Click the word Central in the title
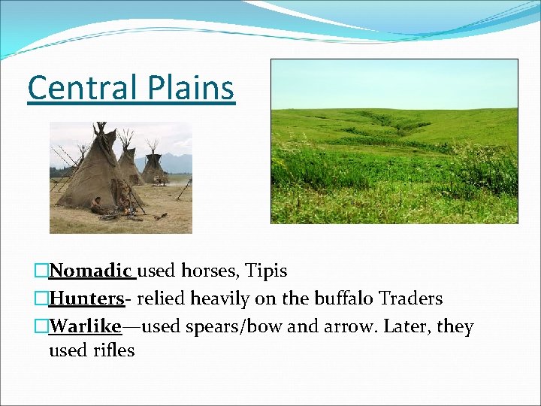click(x=77, y=88)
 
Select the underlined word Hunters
click(x=86, y=298)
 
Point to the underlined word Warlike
click(x=85, y=327)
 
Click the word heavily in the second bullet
click(x=220, y=298)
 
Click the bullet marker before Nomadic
click(x=41, y=271)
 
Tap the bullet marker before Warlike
click(x=41, y=327)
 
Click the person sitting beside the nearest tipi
click(x=97, y=205)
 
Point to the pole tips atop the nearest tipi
click(x=104, y=135)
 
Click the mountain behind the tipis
click(x=175, y=160)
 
